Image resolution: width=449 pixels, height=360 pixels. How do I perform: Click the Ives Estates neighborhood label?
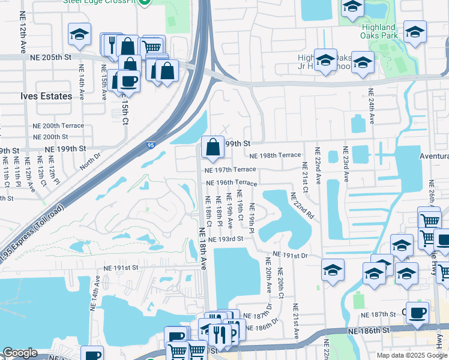[x=46, y=96]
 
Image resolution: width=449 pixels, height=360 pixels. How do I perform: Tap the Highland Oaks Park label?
[x=379, y=31]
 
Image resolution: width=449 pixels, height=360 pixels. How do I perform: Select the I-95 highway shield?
[x=151, y=145]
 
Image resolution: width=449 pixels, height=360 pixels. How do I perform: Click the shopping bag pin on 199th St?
[x=212, y=148]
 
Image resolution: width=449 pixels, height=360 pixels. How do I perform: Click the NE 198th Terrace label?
[x=274, y=155]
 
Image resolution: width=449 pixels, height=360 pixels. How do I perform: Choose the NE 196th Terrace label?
[x=231, y=183]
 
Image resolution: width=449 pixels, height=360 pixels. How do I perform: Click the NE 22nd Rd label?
[x=301, y=205]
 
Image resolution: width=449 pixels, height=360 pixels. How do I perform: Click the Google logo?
[x=20, y=352]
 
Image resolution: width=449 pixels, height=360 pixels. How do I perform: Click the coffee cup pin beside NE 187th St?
[x=417, y=313]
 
